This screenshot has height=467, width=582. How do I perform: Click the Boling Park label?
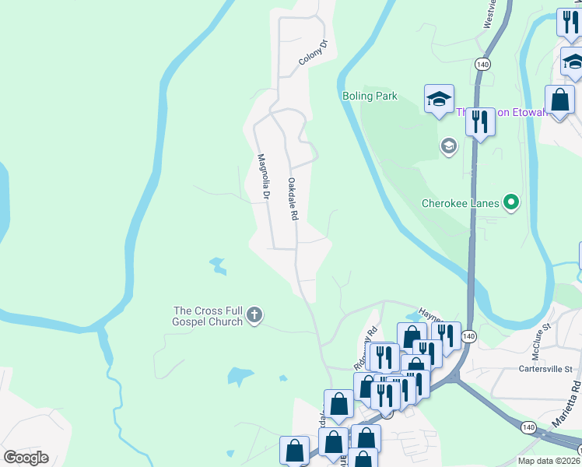click(370, 97)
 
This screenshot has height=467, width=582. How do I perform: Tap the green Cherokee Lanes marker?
click(511, 203)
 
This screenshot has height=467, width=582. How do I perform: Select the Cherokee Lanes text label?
click(461, 204)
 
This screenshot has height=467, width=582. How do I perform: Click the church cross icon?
click(254, 315)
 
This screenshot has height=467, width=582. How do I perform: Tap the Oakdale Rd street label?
click(293, 198)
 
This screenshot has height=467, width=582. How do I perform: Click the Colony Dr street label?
click(314, 51)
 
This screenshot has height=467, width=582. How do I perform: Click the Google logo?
click(26, 458)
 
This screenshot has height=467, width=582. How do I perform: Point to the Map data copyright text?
click(549, 461)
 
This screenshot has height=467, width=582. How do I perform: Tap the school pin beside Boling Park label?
click(439, 99)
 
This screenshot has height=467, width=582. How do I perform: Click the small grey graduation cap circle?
click(448, 146)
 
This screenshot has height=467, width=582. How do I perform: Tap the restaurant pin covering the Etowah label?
click(480, 121)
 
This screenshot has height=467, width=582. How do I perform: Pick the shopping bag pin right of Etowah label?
click(559, 100)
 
